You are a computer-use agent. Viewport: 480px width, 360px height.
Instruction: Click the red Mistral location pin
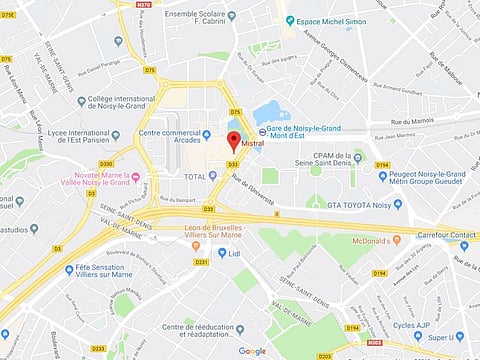pos(234,141)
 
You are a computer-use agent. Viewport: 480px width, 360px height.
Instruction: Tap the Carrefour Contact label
pos(446,236)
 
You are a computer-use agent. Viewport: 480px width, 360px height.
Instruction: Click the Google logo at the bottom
pos(252,351)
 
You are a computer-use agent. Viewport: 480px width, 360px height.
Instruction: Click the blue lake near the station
pos(272,113)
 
